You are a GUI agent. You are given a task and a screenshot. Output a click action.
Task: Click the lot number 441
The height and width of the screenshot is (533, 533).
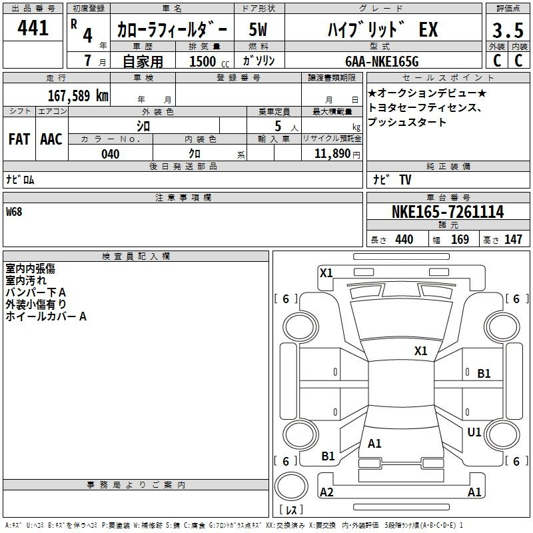33,28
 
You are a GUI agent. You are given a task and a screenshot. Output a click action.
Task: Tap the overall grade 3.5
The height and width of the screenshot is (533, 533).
508,30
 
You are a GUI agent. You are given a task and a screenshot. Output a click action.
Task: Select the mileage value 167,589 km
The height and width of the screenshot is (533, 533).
78,95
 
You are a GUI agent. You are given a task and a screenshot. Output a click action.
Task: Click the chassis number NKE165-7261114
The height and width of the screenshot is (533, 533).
448,212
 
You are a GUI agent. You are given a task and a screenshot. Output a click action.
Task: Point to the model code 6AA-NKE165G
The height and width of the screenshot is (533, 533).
382,61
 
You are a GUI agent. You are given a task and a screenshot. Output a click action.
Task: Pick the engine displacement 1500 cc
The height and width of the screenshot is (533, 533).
209,61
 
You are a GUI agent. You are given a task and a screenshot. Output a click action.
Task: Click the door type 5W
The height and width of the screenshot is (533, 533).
258,29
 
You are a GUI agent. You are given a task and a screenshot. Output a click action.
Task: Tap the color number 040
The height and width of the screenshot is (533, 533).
110,154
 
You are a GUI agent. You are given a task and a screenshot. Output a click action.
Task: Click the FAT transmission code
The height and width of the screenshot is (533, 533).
19,139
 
